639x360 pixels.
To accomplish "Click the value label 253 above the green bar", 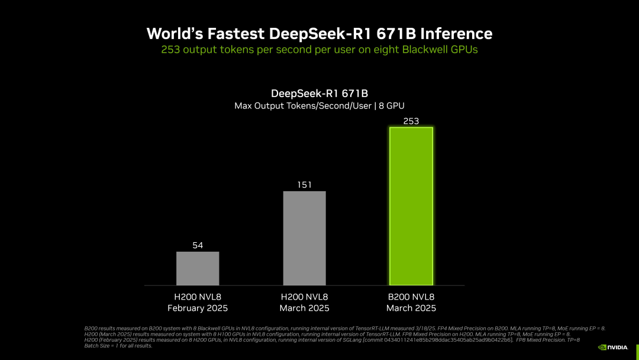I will (x=411, y=121).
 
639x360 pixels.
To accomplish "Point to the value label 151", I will (x=304, y=185).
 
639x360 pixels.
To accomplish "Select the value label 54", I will (x=198, y=245).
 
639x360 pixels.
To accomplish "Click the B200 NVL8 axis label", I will (x=411, y=297).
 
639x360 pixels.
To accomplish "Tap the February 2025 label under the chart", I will (x=198, y=308).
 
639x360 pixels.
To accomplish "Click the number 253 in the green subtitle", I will (x=170, y=50).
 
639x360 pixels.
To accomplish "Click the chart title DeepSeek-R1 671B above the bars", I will (x=319, y=94).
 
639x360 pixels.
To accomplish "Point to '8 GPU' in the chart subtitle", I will (x=391, y=106).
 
